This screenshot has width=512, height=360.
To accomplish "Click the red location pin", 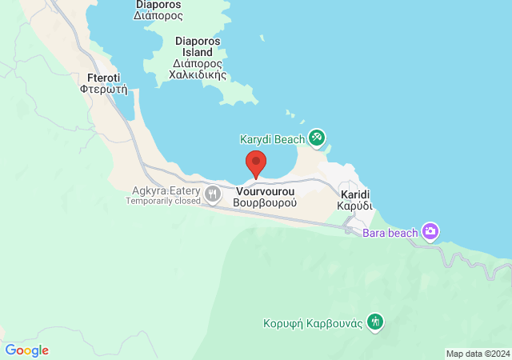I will [256, 162].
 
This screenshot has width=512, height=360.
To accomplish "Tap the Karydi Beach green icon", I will [317, 138].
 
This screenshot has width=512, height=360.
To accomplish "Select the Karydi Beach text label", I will [272, 139].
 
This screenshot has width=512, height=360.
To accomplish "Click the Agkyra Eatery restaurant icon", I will [213, 193].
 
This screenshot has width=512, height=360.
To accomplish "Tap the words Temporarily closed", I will [163, 201].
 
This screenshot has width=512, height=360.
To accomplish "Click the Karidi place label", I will [354, 194].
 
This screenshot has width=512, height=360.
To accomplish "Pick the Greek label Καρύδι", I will [354, 206].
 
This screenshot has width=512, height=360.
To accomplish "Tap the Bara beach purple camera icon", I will [430, 232].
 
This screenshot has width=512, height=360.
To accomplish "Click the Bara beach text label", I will [390, 233].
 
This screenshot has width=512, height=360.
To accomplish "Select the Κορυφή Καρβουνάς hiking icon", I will [375, 322].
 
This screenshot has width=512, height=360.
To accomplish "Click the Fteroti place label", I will [99, 78].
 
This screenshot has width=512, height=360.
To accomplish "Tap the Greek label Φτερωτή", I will [99, 90].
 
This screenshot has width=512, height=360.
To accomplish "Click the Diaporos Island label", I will [198, 47].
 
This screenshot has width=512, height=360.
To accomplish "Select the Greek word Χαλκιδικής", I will [198, 75].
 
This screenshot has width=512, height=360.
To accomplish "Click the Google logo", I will [26, 350].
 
